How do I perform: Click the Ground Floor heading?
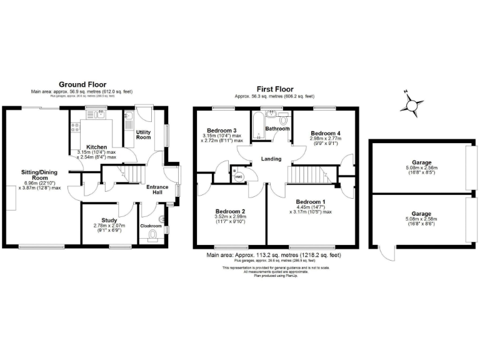82,84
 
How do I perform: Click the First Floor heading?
274,89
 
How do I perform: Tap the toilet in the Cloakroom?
153,236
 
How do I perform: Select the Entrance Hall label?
156,189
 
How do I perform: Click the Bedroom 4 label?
326,134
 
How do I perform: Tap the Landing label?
271,158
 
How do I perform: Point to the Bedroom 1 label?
310,201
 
